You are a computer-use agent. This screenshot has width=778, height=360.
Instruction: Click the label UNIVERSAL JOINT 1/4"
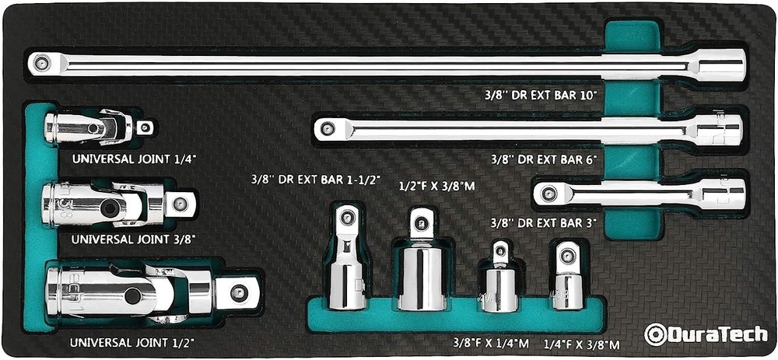coord(134,159)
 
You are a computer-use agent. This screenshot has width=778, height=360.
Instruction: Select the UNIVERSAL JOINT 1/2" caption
coord(131,342)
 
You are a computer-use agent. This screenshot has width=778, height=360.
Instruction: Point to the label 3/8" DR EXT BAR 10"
coord(539,95)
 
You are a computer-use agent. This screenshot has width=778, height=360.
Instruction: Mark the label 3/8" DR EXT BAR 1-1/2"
coord(314,179)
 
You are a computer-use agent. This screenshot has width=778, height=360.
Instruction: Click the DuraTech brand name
coord(713,334)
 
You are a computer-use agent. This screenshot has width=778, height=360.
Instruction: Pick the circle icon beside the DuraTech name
coord(654,334)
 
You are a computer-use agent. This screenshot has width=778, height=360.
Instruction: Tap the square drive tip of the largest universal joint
coord(237,294)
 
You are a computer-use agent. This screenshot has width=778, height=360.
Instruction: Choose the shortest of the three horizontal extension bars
coord(638,193)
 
